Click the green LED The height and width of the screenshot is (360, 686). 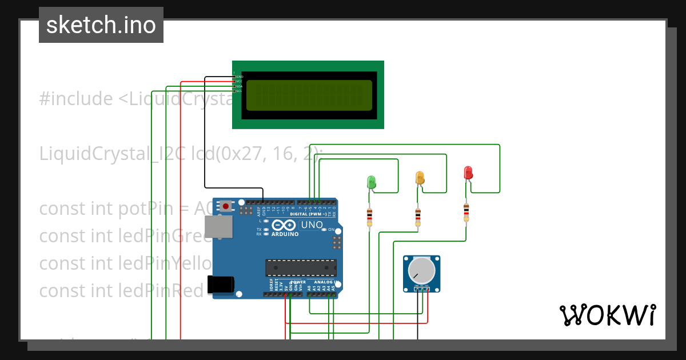point(371,182)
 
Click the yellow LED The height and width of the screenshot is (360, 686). point(420,177)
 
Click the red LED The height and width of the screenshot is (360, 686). point(468,172)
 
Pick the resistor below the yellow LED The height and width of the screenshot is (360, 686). point(418,216)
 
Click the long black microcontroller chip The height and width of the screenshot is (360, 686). point(301,267)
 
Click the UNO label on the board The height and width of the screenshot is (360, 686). point(312,225)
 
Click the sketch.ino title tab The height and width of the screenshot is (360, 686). point(101,25)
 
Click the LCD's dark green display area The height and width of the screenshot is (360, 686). point(309,95)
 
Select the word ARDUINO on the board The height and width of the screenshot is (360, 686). point(285,234)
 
